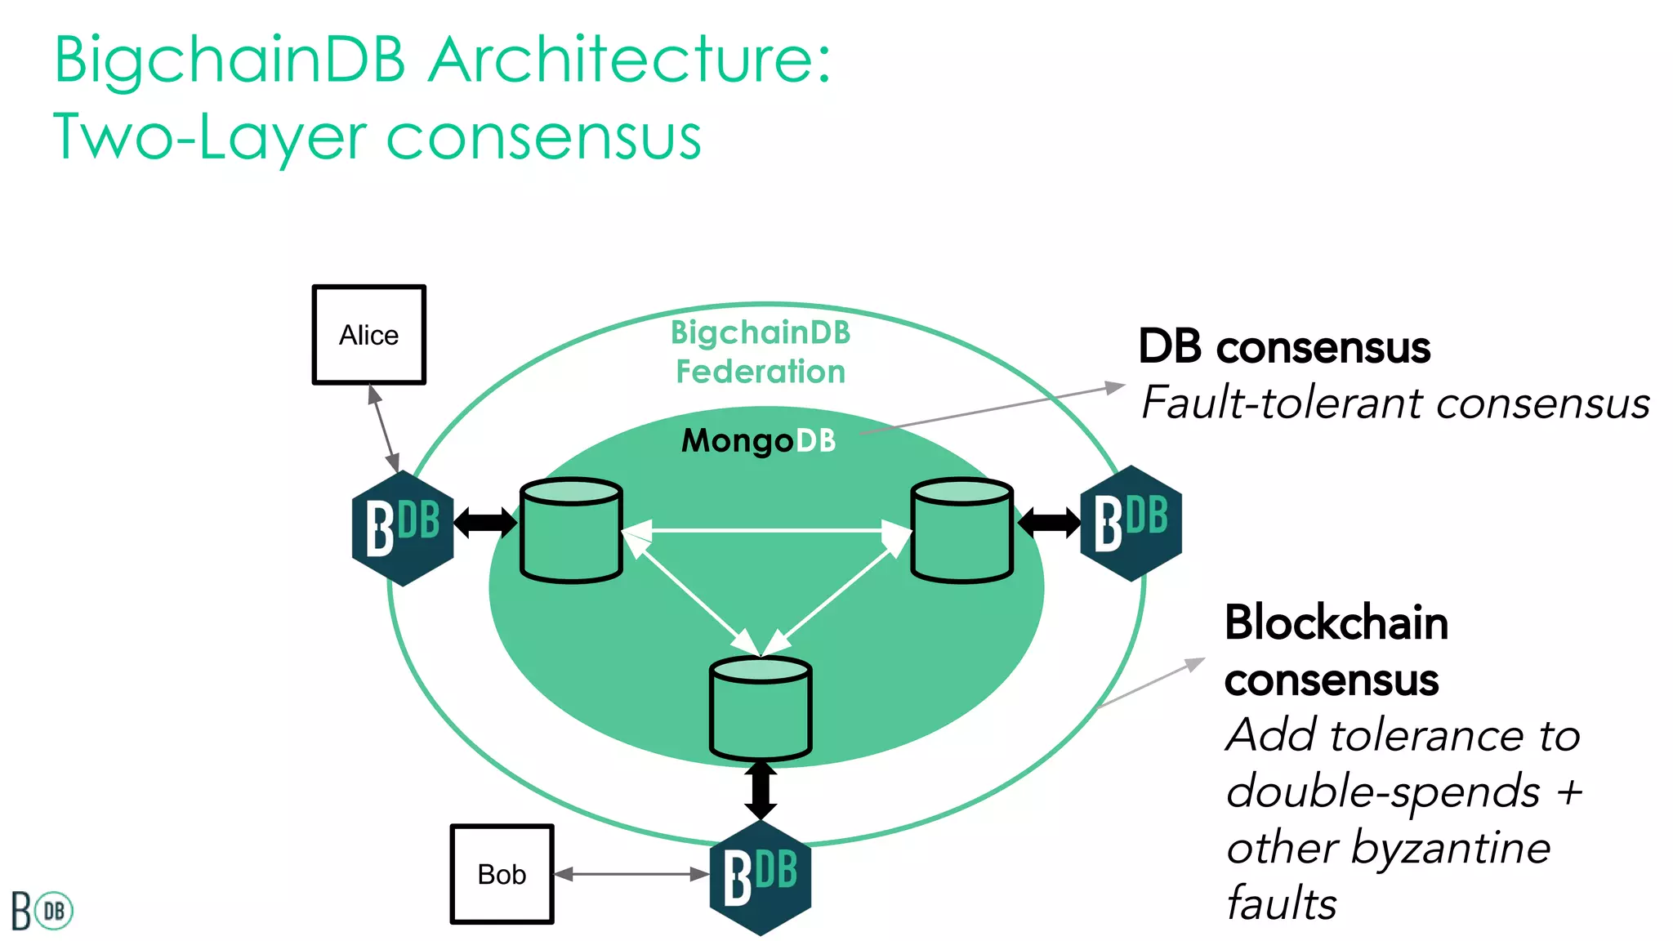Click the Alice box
[x=369, y=335]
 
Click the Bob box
[x=502, y=874]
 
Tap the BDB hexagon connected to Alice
[x=403, y=528]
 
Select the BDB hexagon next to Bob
[x=761, y=878]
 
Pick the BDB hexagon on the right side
[x=1131, y=524]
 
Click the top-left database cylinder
[x=571, y=531]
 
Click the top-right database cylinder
[x=962, y=531]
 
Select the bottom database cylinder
[x=761, y=709]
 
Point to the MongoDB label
[x=759, y=441]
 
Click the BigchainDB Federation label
[x=761, y=352]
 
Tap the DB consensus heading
[x=1284, y=347]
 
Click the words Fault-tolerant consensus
[x=1395, y=404]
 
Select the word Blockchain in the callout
[x=1336, y=623]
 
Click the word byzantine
[x=1450, y=848]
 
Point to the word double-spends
[x=1383, y=792]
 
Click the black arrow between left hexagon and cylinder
[x=485, y=522]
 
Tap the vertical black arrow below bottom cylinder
[x=761, y=791]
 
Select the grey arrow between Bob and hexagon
[x=631, y=874]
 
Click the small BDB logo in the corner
[x=42, y=911]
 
